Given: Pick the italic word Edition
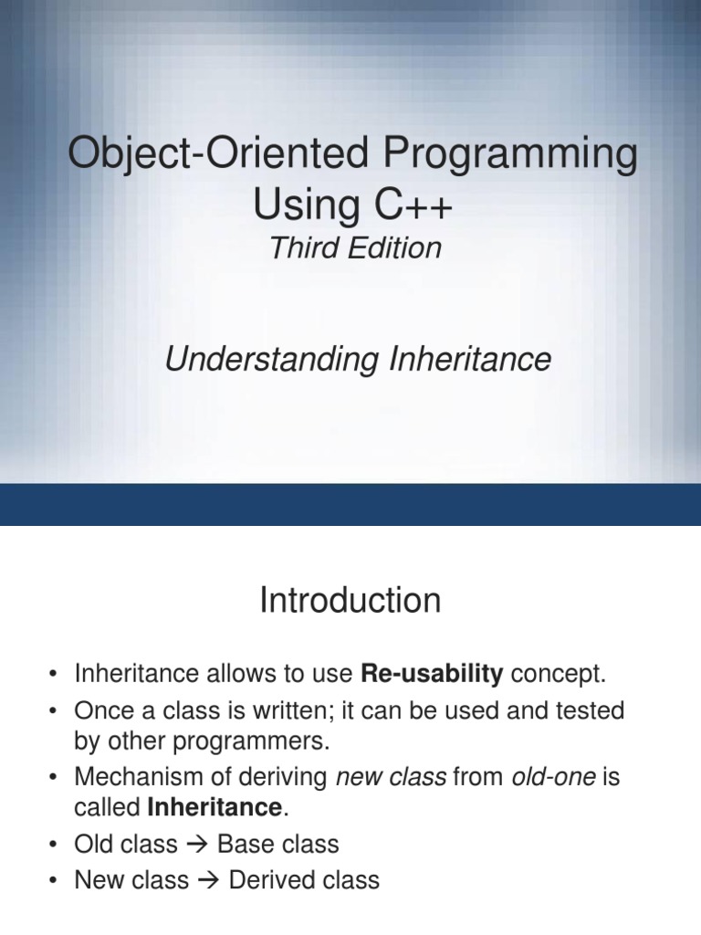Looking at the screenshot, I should click(x=394, y=248).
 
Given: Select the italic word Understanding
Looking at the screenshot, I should click(x=271, y=360).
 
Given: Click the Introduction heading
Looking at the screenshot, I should click(x=350, y=601).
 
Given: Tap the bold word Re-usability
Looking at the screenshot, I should click(x=432, y=675).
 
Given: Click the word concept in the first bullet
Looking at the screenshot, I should click(x=558, y=675).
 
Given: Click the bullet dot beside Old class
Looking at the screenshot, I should click(x=56, y=845).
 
